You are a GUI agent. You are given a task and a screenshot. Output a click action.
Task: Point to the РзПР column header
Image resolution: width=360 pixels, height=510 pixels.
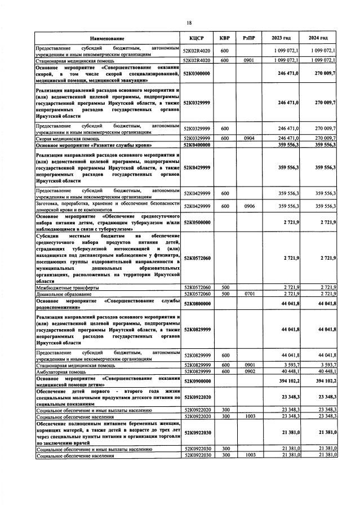click(250, 38)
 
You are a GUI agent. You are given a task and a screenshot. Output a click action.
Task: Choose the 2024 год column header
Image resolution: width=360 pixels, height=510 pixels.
click(318, 38)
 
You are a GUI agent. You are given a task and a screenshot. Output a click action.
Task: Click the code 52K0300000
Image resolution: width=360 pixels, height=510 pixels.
click(197, 73)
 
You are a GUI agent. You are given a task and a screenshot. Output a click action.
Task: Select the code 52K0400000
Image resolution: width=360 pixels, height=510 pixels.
click(197, 145)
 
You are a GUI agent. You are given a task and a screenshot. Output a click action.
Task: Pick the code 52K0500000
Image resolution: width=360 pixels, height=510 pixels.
click(197, 223)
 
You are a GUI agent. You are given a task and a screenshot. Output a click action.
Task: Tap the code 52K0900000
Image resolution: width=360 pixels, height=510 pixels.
click(197, 380)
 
